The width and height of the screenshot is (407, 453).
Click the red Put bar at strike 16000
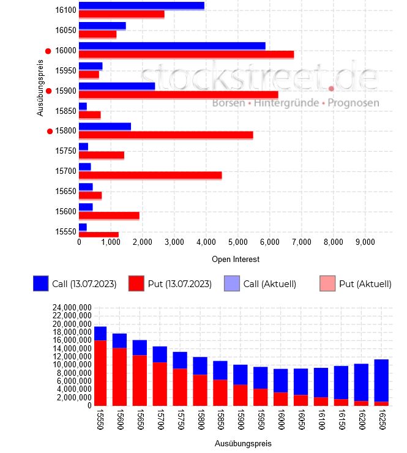pos(186,54)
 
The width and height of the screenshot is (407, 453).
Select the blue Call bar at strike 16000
pos(172,46)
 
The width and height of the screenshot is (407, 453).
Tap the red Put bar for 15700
pos(150,175)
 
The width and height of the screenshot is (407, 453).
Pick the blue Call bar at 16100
pos(141,6)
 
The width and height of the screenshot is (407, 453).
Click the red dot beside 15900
pos(49,91)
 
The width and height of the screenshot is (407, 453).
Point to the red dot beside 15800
pos(50,131)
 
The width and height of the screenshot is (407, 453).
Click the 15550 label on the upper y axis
pos(65,231)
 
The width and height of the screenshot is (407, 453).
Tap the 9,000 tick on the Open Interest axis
pos(365,242)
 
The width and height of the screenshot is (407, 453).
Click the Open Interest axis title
pos(235,260)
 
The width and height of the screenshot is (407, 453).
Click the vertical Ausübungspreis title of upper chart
pos(41,87)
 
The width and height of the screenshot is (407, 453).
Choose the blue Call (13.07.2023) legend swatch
pos(40,283)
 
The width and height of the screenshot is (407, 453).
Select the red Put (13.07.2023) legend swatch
pos(136,283)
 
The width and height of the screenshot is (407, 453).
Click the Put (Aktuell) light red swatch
pos(327,283)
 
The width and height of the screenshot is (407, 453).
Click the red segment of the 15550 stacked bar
pos(100,372)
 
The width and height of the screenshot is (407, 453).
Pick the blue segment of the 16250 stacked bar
pos(381,380)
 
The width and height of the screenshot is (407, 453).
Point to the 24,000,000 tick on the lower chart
pos(70,307)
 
